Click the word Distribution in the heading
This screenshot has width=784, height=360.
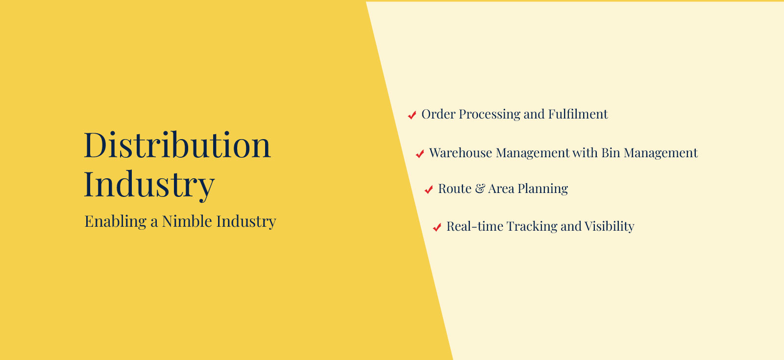[177, 144]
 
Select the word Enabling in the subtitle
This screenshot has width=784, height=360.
[116, 222]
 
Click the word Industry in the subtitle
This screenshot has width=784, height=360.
[246, 222]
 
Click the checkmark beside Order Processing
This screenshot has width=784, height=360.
[412, 115]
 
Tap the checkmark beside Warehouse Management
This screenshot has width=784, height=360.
[419, 153]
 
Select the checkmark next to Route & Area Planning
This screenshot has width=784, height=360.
[429, 189]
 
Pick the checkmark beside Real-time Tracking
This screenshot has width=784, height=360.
[437, 227]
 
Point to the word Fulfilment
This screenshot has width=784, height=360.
[578, 115]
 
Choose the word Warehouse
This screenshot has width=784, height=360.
[461, 153]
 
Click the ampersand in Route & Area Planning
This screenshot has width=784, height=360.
[480, 189]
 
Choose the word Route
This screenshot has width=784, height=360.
[455, 189]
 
